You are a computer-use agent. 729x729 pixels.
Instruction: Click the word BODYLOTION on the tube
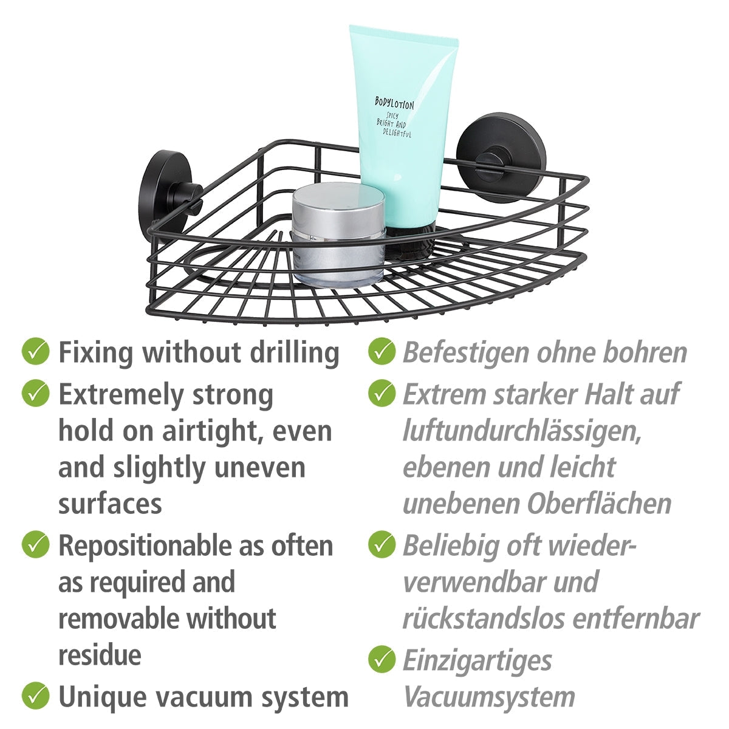(394, 103)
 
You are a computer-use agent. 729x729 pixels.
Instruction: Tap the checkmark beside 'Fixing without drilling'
(35, 352)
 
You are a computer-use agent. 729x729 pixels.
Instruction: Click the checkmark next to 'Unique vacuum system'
(35, 695)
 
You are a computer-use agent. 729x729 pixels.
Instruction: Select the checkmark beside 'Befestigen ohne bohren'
(382, 352)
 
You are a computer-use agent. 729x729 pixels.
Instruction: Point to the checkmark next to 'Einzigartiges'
(382, 660)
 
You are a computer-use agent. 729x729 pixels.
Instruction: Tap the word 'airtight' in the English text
(215, 431)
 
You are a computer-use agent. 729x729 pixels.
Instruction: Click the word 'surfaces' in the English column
(110, 504)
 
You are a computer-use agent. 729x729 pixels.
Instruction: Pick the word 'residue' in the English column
(100, 655)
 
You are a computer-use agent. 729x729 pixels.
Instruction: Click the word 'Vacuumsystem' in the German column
(489, 697)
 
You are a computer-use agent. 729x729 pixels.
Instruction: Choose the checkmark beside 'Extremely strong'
(35, 394)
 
